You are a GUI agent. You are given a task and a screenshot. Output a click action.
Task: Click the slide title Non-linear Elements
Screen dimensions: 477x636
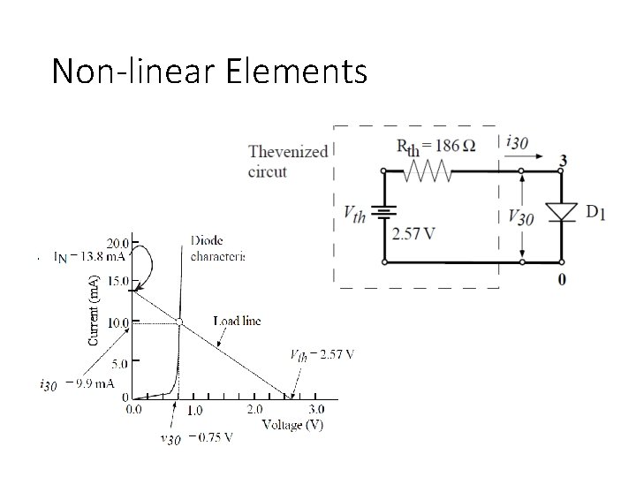[209, 71]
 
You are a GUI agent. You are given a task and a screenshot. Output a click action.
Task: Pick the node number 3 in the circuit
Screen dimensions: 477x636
[562, 161]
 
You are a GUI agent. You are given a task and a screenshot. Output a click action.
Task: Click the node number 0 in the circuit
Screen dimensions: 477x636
[563, 279]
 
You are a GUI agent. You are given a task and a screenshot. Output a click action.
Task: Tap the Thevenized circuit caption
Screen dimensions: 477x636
[287, 162]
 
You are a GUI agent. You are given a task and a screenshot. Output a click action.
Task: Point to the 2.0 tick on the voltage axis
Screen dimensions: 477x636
[254, 410]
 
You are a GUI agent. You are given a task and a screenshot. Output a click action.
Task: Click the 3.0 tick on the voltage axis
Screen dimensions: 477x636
[315, 410]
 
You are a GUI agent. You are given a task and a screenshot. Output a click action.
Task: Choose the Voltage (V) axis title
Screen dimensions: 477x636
[292, 425]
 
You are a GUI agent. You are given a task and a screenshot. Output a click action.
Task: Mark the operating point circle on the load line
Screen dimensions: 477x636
[178, 322]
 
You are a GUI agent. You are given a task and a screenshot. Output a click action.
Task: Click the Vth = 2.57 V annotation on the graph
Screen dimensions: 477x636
[322, 355]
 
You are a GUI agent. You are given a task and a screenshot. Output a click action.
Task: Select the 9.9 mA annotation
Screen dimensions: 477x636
[78, 384]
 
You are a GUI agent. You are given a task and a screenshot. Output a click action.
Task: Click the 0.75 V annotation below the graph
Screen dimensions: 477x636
[197, 437]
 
